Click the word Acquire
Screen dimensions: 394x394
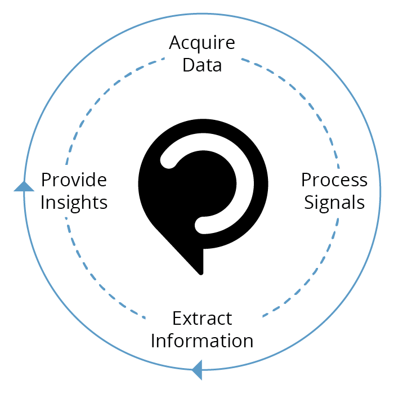pos(202,44)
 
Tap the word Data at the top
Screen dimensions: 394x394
pos(202,65)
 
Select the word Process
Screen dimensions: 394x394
pos(334,180)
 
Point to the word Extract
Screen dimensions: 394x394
pos(202,319)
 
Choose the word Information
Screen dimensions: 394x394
pos(202,341)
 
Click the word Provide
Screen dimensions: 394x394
pos(74,180)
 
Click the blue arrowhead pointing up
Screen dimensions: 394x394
pos(24,186)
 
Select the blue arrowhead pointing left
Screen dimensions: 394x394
pos(197,370)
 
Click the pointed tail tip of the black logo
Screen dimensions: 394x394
pos(201,274)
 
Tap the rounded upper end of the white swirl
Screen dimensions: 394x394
pos(168,160)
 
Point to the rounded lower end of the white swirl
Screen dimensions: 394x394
pos(203,225)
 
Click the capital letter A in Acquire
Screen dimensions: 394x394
pos(175,42)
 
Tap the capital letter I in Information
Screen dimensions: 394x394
pos(153,341)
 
